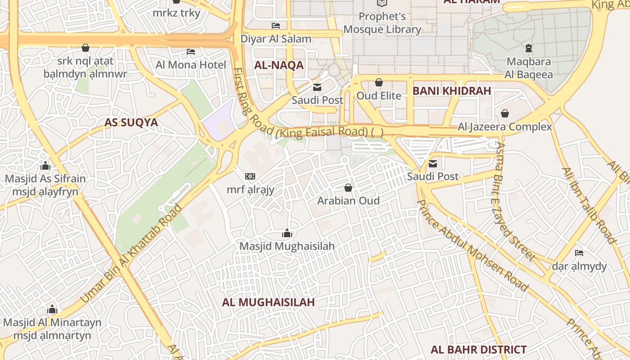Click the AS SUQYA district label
[131, 122]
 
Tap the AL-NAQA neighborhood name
[279, 65]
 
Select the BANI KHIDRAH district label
[451, 91]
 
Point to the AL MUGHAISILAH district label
[268, 302]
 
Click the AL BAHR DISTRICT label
[478, 350]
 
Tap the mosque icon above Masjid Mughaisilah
[287, 233]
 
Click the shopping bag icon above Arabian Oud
[348, 187]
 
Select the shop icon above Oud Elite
[379, 82]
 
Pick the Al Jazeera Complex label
[504, 127]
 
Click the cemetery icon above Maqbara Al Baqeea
[529, 48]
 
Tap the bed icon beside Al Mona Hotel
[191, 52]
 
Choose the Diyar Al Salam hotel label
[276, 39]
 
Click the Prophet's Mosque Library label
[382, 23]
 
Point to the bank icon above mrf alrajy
[250, 176]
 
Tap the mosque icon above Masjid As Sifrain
[45, 166]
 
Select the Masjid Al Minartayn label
[52, 323]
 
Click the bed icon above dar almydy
[579, 253]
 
